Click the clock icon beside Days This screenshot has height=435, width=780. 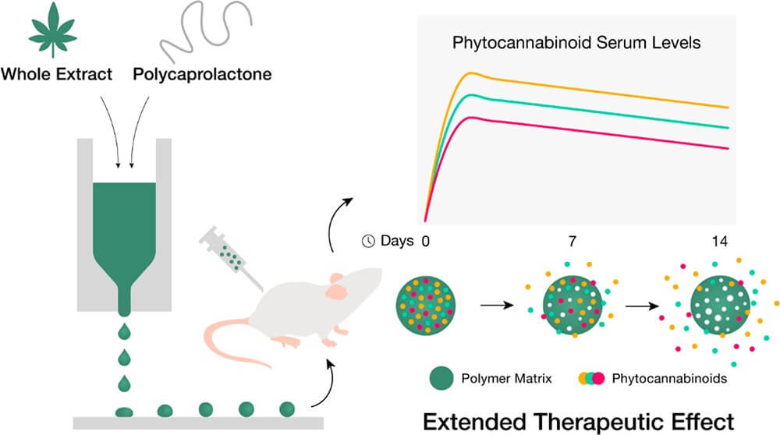(368, 241)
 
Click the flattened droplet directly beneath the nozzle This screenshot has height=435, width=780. (124, 411)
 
